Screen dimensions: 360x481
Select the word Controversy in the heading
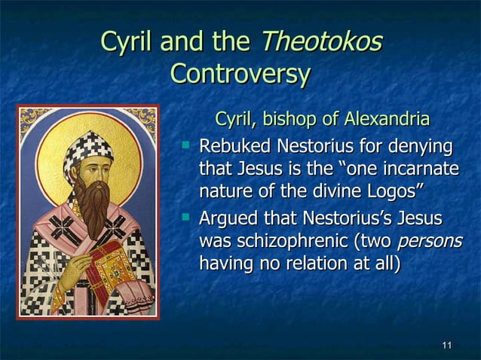coord(240,74)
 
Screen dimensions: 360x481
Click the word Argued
coord(230,221)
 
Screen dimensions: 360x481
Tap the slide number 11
coord(446,346)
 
